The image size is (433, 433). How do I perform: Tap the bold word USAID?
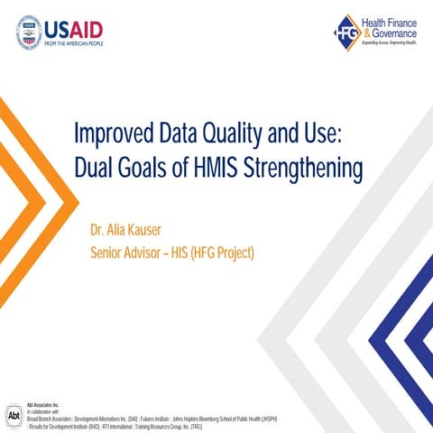pyautogui.click(x=76, y=28)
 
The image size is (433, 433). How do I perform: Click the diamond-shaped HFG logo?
pyautogui.click(x=347, y=32)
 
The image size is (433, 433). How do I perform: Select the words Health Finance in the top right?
pyautogui.click(x=391, y=19)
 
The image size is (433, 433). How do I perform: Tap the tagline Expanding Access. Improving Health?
pyautogui.click(x=390, y=43)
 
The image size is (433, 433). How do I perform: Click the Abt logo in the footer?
pyautogui.click(x=14, y=416)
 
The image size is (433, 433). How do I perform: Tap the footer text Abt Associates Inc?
pyautogui.click(x=42, y=406)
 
